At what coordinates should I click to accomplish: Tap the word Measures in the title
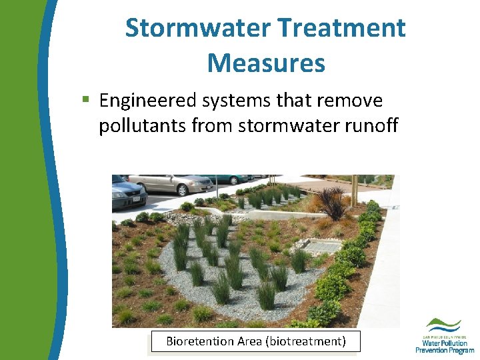[x=266, y=63]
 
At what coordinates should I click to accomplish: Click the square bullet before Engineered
[x=85, y=100]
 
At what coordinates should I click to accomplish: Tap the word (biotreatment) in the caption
[x=305, y=341]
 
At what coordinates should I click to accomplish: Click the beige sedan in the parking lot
[x=171, y=183]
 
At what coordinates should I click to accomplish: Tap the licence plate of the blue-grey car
[x=136, y=199]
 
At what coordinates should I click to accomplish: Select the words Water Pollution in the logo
[x=445, y=342]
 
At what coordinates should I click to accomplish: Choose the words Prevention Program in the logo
[x=445, y=350]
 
